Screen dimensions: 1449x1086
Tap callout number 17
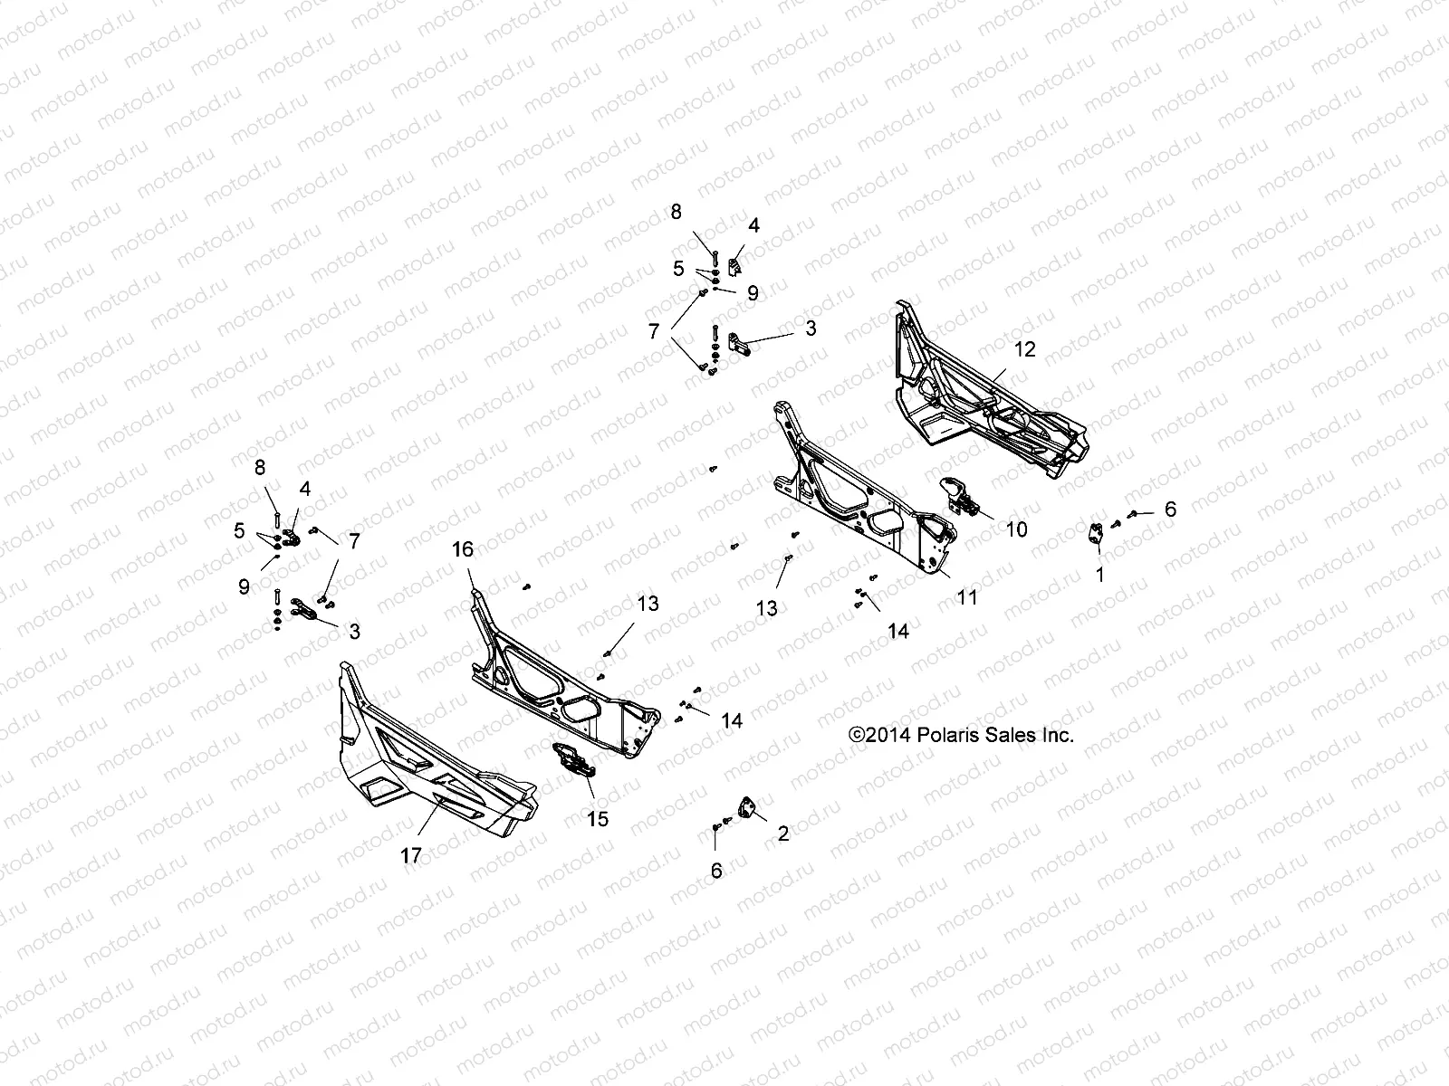pyautogui.click(x=411, y=853)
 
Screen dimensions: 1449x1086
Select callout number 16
pyautogui.click(x=463, y=549)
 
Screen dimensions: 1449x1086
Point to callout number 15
pyautogui.click(x=598, y=819)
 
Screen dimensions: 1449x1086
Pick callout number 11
pyautogui.click(x=968, y=597)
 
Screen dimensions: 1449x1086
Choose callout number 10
pyautogui.click(x=1017, y=529)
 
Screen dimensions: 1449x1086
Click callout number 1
pyautogui.click(x=1100, y=575)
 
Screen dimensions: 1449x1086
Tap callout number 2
pyautogui.click(x=783, y=834)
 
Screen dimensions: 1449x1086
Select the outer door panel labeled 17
pyautogui.click(x=426, y=760)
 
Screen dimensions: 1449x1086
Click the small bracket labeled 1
pyautogui.click(x=1097, y=534)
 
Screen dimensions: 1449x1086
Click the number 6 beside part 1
pyautogui.click(x=1170, y=510)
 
